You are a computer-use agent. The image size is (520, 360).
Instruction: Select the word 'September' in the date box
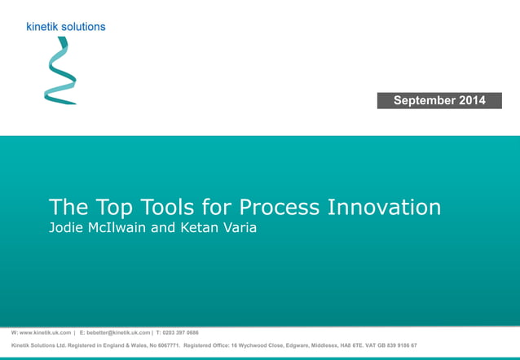coord(424,100)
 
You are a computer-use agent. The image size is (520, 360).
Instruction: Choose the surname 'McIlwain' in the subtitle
coord(119,227)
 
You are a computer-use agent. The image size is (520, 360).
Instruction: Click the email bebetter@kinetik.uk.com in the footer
coord(118,333)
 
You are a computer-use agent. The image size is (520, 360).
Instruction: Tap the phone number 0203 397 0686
coord(180,333)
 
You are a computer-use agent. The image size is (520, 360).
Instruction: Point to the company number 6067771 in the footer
coord(163,345)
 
